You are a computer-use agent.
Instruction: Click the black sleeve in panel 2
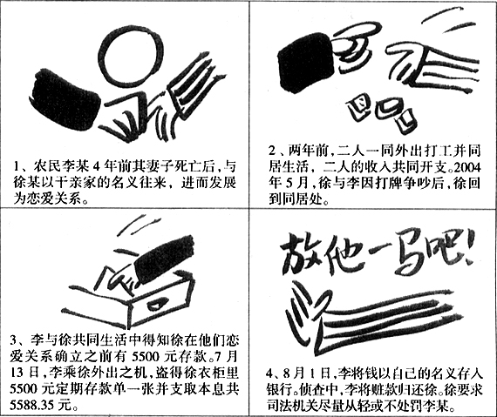pyautogui.click(x=305, y=64)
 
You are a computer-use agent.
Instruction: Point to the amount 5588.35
pyautogui.click(x=31, y=406)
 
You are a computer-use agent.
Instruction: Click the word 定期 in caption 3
pyautogui.click(x=71, y=389)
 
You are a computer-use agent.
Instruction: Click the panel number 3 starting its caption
pyautogui.click(x=14, y=341)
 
